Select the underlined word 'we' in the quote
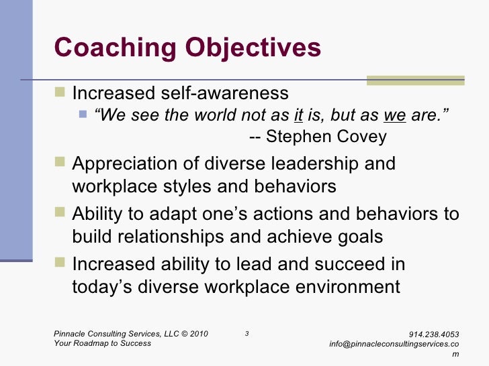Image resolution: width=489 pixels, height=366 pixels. (394, 115)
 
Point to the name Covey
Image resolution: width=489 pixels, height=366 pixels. (363, 137)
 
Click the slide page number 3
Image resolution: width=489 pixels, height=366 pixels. (247, 334)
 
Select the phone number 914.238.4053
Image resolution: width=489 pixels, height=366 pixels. (434, 334)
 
